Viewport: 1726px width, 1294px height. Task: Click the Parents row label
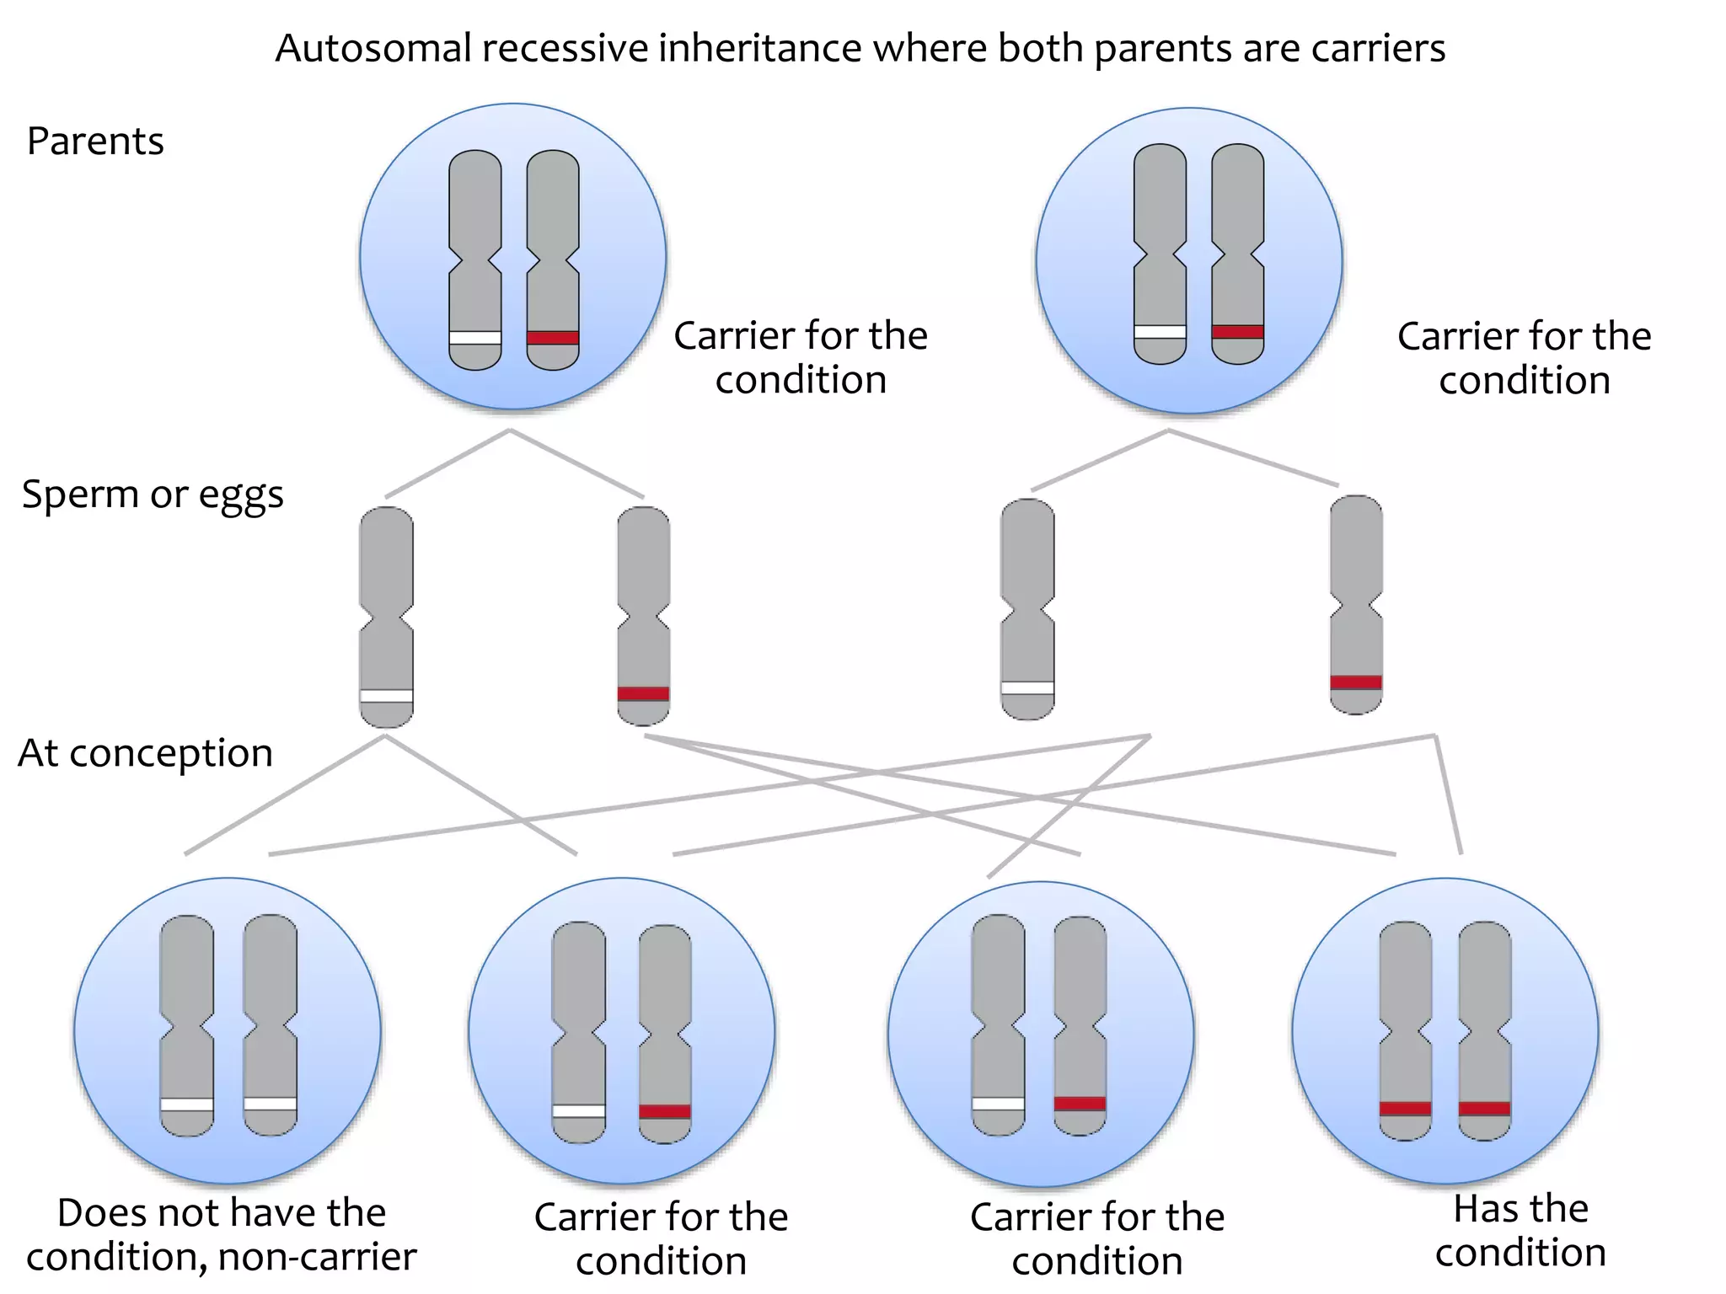point(95,141)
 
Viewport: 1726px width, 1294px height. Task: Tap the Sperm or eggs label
point(153,495)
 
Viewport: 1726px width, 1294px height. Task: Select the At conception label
point(145,753)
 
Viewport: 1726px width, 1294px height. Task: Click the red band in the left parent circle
point(553,338)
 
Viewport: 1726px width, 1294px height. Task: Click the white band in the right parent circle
point(1160,332)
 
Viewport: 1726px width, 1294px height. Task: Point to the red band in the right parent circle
point(1237,332)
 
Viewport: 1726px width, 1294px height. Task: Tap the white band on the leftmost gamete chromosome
point(386,696)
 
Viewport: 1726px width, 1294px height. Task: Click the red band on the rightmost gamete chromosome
point(1356,682)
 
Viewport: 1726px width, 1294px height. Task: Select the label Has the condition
point(1520,1231)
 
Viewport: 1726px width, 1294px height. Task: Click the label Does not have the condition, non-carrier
point(221,1234)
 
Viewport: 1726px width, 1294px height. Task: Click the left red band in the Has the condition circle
point(1405,1109)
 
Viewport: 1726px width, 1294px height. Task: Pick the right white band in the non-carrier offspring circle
point(270,1104)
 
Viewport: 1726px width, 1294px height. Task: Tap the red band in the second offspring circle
point(664,1111)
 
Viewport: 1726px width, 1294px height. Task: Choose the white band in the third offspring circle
point(998,1104)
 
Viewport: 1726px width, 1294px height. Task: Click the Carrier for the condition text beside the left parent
point(801,357)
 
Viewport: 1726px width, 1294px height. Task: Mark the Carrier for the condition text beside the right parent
point(1524,357)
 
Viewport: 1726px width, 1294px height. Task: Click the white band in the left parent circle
point(475,338)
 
